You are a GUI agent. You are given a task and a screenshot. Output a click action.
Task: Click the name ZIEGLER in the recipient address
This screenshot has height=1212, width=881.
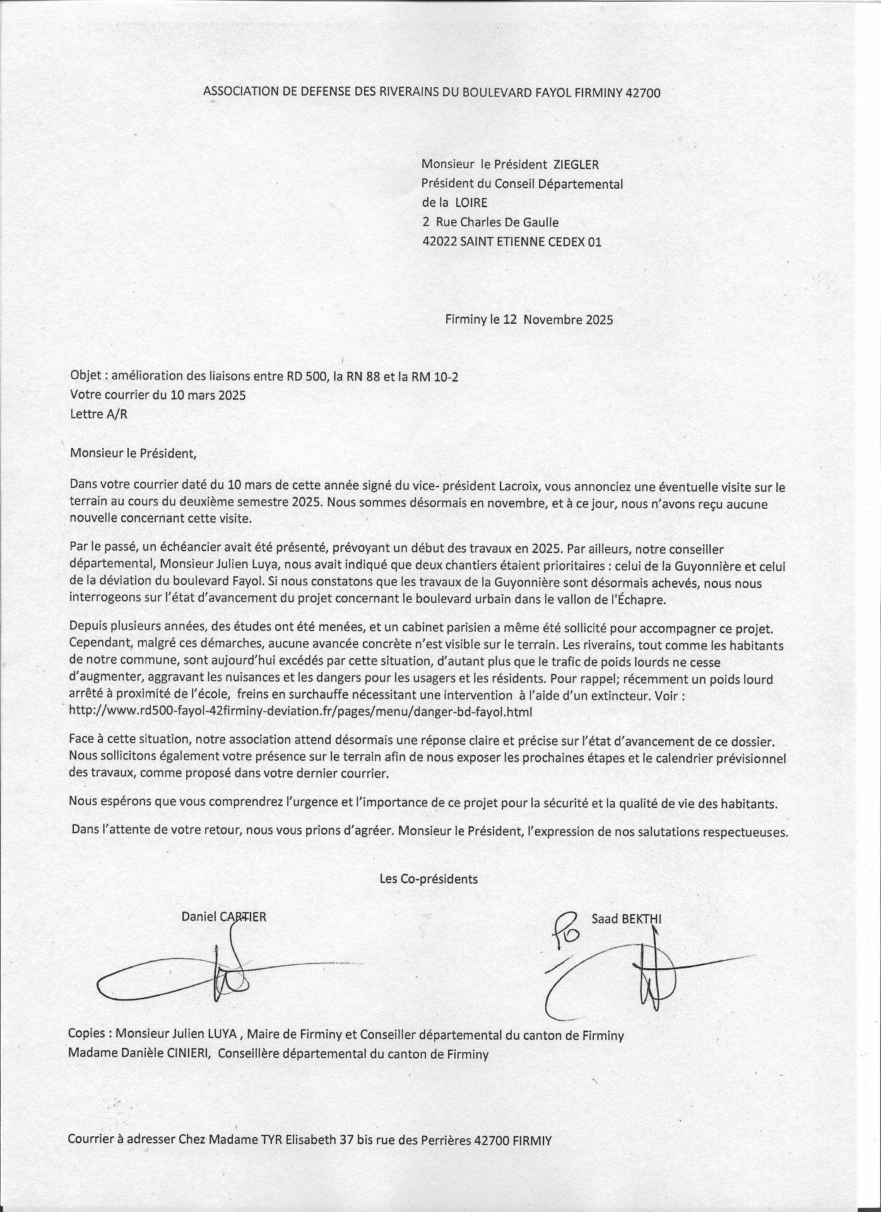pos(576,165)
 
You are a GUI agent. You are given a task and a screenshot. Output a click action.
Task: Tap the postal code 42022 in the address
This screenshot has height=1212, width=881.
pos(439,242)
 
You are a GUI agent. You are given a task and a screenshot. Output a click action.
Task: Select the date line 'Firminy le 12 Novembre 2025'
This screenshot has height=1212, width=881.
pos(529,319)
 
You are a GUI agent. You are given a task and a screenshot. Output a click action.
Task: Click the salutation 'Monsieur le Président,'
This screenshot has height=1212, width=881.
pos(134,453)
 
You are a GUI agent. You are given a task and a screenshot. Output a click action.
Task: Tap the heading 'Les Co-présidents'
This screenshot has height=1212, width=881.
pos(429,879)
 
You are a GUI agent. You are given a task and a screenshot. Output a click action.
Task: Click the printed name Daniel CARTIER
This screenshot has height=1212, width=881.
pos(223,917)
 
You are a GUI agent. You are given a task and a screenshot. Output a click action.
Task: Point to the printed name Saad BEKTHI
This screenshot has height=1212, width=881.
pos(626,918)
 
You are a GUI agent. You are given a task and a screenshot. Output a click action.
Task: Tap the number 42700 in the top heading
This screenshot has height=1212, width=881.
pos(642,93)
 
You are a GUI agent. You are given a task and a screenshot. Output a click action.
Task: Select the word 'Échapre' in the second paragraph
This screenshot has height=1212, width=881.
pos(642,600)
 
